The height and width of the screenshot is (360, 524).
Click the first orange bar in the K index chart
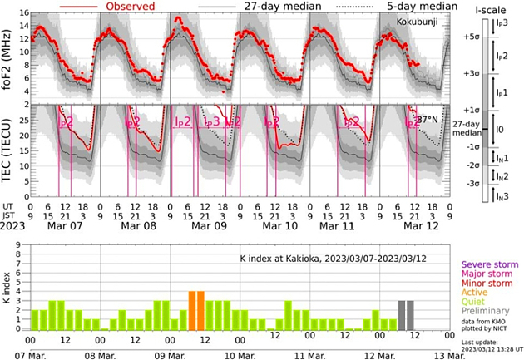coord(191,311)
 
